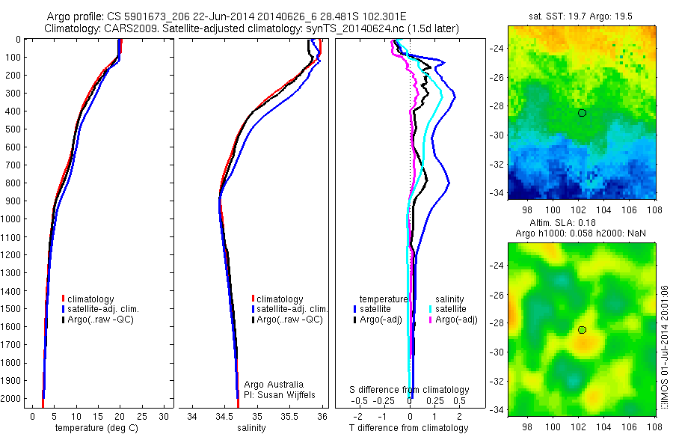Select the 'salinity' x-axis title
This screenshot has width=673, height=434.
coord(256,428)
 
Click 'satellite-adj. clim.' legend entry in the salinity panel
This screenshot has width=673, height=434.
coord(292,309)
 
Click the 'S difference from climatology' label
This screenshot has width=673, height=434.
coord(410,390)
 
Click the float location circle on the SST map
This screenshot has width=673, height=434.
coord(582,113)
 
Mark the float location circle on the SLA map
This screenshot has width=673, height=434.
coord(582,330)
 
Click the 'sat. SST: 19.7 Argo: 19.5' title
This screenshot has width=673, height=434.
coord(581,15)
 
